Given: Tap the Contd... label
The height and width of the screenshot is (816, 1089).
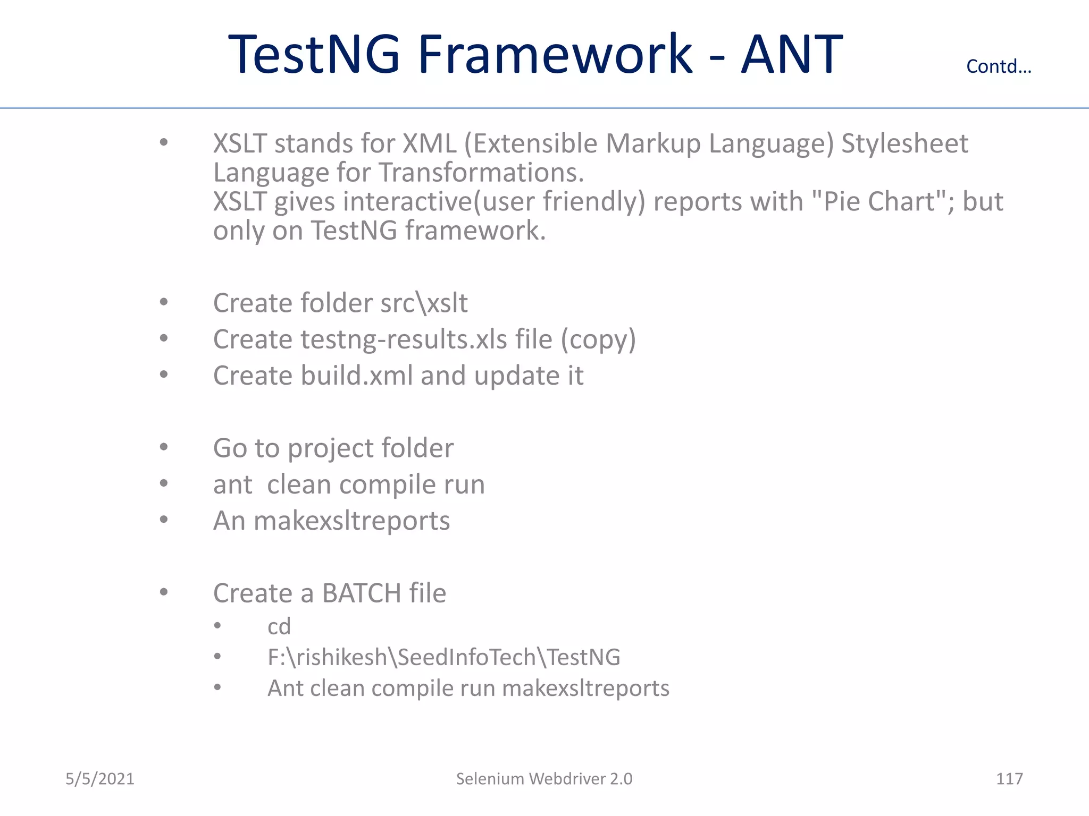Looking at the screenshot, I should click(998, 66).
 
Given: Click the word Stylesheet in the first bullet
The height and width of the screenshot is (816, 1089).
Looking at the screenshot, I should click(904, 144).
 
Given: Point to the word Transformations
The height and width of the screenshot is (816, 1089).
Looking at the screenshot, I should click(481, 173).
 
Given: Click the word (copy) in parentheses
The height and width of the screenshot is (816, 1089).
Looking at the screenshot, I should click(598, 339).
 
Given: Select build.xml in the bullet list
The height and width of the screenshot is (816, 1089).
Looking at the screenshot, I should click(356, 376).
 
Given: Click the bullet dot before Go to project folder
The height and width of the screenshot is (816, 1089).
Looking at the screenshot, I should click(164, 447).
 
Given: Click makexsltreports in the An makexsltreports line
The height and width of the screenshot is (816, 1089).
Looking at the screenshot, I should click(351, 521).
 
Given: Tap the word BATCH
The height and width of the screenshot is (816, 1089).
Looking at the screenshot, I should click(361, 593).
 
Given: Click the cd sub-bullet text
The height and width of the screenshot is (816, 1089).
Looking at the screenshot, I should click(279, 627).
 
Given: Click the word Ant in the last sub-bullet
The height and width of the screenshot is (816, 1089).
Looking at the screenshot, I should click(285, 688).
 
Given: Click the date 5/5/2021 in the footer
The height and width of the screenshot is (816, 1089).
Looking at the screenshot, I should click(99, 779).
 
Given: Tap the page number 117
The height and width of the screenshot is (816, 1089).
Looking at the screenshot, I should click(1009, 779).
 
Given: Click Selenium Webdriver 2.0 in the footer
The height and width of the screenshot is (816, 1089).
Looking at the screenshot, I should click(544, 779).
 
